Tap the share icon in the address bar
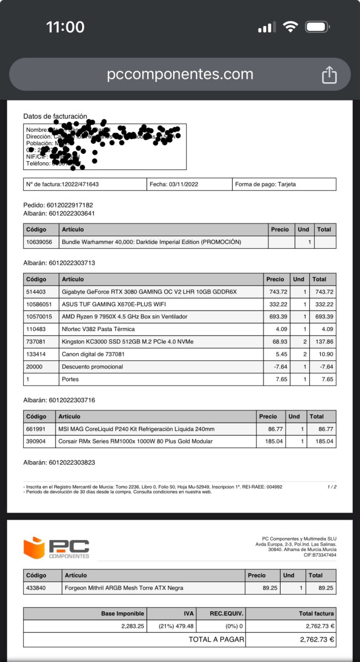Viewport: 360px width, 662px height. (329, 74)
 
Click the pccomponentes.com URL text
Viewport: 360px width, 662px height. (180, 74)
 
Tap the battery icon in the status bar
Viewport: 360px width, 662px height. (317, 27)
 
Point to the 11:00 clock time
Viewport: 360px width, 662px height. (65, 27)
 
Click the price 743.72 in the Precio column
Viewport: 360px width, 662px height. (276, 292)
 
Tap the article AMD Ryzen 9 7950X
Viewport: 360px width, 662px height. (125, 317)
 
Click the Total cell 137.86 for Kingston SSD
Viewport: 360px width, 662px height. (322, 341)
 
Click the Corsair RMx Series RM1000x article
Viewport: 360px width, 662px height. (135, 441)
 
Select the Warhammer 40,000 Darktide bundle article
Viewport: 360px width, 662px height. (151, 242)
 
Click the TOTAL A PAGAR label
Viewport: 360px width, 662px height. (215, 640)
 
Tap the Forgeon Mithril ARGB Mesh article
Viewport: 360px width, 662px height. (124, 588)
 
